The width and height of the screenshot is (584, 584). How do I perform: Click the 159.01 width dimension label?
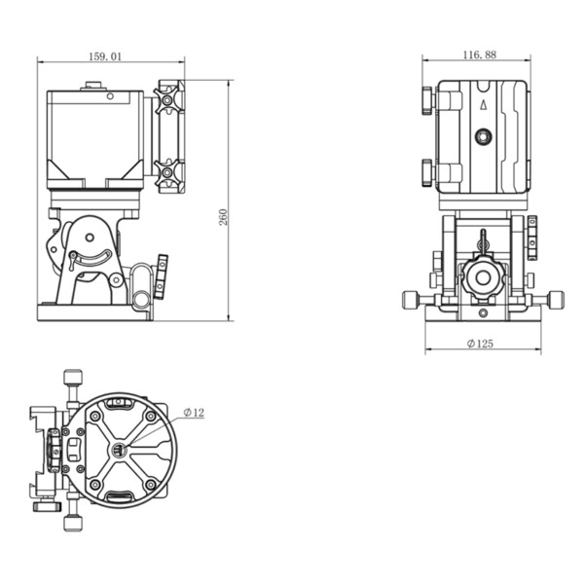pos(105,56)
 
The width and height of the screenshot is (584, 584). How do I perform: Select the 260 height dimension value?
pos(223,217)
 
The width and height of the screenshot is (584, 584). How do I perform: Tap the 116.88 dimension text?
pos(479,55)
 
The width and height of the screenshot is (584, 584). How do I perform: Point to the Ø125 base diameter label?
pos(480,344)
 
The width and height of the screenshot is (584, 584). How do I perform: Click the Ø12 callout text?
pos(194,413)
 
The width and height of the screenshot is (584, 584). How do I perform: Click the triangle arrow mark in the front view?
pos(484,105)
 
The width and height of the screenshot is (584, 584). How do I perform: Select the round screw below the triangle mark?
pos(484,136)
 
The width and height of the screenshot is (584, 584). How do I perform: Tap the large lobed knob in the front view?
pos(483,277)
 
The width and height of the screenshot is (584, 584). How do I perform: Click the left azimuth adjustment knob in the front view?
pos(411,300)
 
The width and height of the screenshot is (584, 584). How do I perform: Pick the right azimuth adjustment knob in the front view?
pos(556,300)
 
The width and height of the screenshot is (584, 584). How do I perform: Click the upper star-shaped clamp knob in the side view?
pos(167,100)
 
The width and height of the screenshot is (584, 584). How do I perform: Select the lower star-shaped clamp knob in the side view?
pos(167,172)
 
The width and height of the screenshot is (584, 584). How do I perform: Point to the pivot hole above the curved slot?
pos(90,237)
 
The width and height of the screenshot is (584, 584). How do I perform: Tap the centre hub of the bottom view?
pos(120,451)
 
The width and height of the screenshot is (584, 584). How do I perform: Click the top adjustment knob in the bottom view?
pos(73,377)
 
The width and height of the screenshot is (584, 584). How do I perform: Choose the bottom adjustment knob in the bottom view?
pos(73,523)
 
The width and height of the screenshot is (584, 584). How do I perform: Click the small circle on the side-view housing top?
pos(110,96)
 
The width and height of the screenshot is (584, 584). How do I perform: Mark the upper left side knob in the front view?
pos(427,100)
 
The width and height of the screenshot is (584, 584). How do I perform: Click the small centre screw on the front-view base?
pos(483,312)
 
